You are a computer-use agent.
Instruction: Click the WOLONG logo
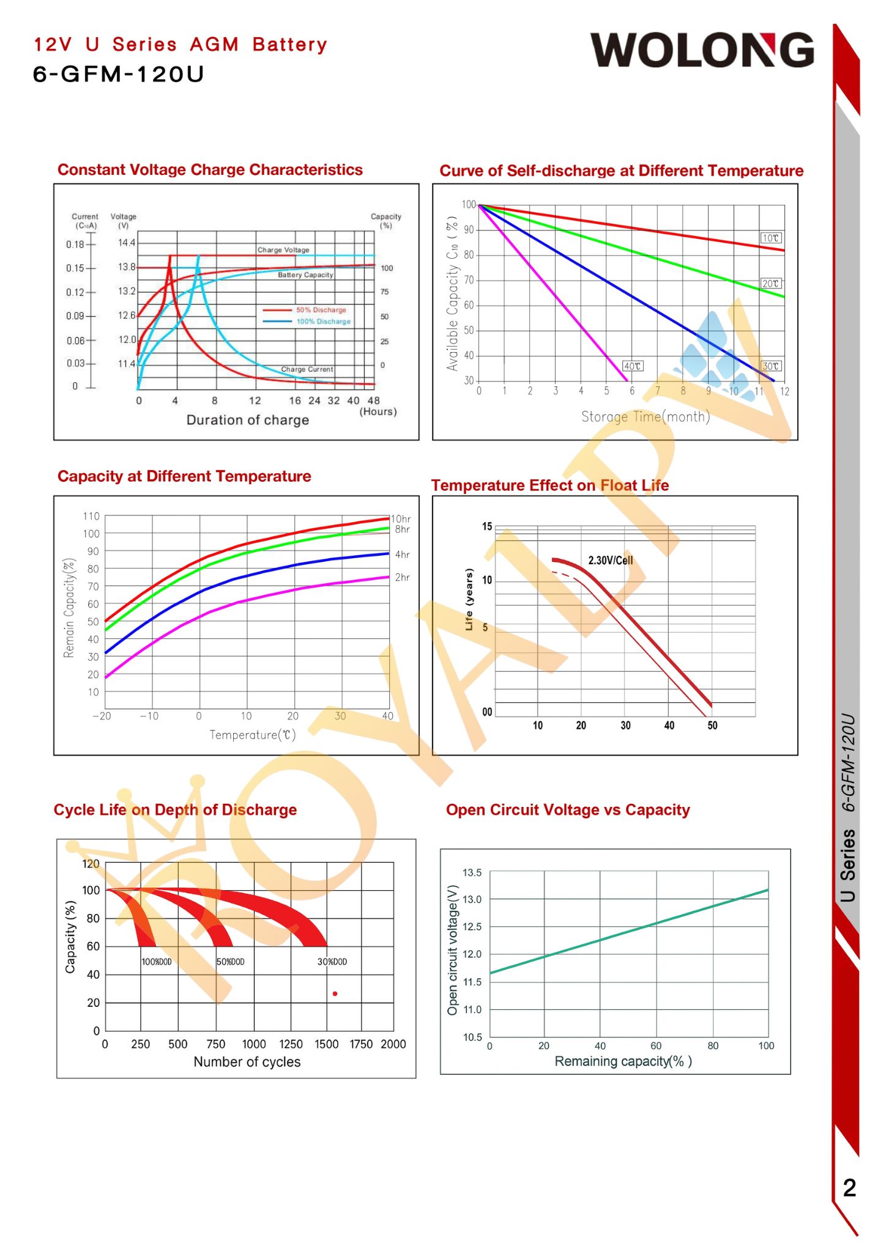click(702, 50)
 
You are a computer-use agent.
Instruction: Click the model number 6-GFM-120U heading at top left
click(118, 75)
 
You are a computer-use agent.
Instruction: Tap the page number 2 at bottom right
click(849, 1187)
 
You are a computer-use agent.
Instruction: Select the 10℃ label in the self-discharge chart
click(770, 238)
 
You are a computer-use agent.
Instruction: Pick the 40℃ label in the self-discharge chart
click(632, 366)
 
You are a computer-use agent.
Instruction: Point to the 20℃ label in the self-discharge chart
click(770, 284)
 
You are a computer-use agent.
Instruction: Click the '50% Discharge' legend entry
click(321, 310)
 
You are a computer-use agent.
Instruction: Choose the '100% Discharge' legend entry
click(323, 322)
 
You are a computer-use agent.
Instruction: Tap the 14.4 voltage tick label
click(127, 243)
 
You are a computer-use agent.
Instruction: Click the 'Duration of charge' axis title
click(247, 420)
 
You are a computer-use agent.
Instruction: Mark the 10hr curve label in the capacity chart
click(401, 519)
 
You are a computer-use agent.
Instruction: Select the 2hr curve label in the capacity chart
click(402, 577)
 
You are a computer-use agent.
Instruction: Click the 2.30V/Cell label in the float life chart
click(610, 560)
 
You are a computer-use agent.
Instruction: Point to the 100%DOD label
click(157, 962)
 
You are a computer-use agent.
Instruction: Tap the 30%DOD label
click(332, 962)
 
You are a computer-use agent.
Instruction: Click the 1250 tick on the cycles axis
click(291, 1044)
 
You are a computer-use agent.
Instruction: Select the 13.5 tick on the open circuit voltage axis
click(472, 872)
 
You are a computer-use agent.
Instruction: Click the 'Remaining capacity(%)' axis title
click(623, 1061)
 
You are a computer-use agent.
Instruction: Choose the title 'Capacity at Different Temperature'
click(184, 476)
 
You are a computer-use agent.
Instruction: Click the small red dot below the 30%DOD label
click(335, 994)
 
